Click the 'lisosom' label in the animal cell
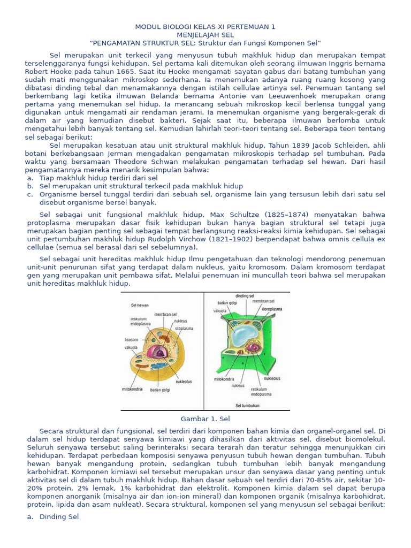pyautogui.click(x=132, y=339)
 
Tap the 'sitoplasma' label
pyautogui.click(x=184, y=328)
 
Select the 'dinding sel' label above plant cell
pyautogui.click(x=245, y=296)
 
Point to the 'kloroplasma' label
pyautogui.click(x=272, y=309)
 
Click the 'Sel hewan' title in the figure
pyautogui.click(x=140, y=305)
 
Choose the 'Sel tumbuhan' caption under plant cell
pyautogui.click(x=248, y=406)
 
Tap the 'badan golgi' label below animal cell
pyautogui.click(x=161, y=390)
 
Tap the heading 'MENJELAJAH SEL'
pyautogui.click(x=205, y=34)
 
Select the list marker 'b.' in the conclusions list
pyautogui.click(x=31, y=186)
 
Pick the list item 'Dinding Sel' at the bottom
pyautogui.click(x=59, y=516)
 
